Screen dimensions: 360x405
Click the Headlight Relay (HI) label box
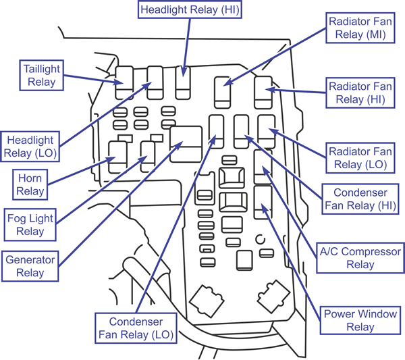pyautogui.click(x=190, y=9)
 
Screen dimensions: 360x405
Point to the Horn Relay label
pyautogui.click(x=30, y=184)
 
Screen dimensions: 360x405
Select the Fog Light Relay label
pyautogui.click(x=30, y=224)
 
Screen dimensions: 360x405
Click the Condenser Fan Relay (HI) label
pyautogui.click(x=360, y=198)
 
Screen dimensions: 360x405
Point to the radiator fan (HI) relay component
pyautogui.click(x=263, y=91)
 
